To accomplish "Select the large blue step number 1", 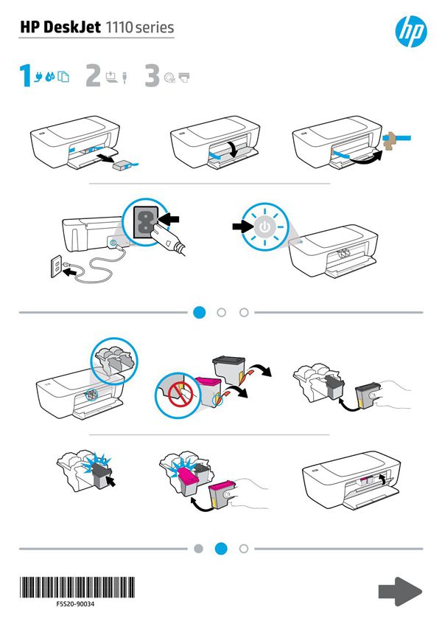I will click(25, 76).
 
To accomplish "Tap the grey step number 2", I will click(93, 76).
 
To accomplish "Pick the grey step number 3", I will click(152, 76).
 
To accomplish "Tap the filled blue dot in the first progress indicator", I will click(199, 312).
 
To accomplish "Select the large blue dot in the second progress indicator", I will click(221, 548).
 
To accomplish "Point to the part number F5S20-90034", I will click(75, 603).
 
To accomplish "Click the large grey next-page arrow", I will click(400, 591).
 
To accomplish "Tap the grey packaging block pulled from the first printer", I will click(121, 167).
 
